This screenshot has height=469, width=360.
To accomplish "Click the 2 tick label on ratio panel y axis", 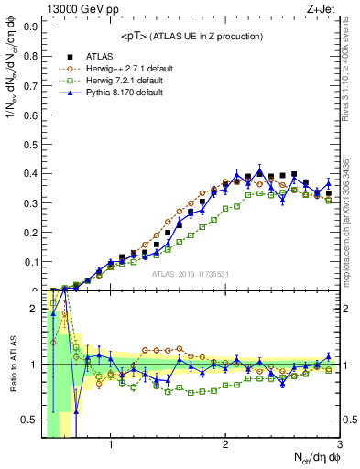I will (x=35, y=309).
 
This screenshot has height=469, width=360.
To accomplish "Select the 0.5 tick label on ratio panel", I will (x=31, y=420).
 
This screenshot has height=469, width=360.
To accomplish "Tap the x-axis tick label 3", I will (x=339, y=446).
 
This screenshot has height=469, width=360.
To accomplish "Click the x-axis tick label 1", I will (x=111, y=446).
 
